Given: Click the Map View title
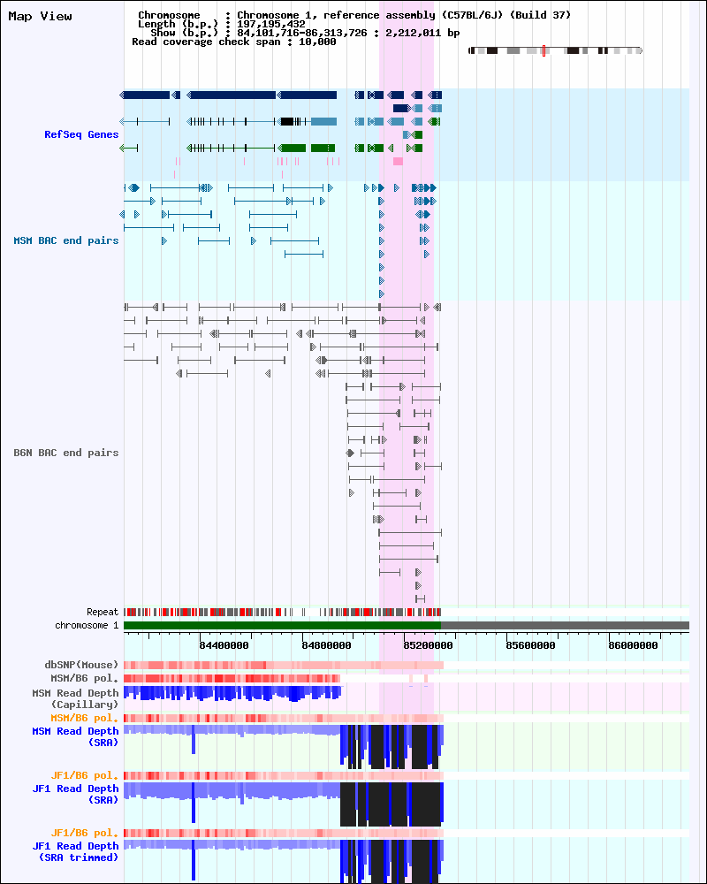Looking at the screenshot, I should tap(40, 17).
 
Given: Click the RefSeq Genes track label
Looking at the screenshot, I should tap(81, 134).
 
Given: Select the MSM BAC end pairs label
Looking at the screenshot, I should tap(65, 240).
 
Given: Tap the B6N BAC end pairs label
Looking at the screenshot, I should tap(65, 453).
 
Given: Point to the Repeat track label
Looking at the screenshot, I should tap(102, 612).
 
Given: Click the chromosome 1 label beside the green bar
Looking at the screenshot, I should tap(87, 625).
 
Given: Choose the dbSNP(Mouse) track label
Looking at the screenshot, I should tap(81, 665).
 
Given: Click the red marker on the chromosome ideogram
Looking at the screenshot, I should tap(544, 50).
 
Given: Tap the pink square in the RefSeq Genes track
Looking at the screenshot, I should tap(398, 161).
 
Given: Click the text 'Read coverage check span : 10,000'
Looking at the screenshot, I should tap(233, 42).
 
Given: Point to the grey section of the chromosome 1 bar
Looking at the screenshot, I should tap(566, 626).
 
